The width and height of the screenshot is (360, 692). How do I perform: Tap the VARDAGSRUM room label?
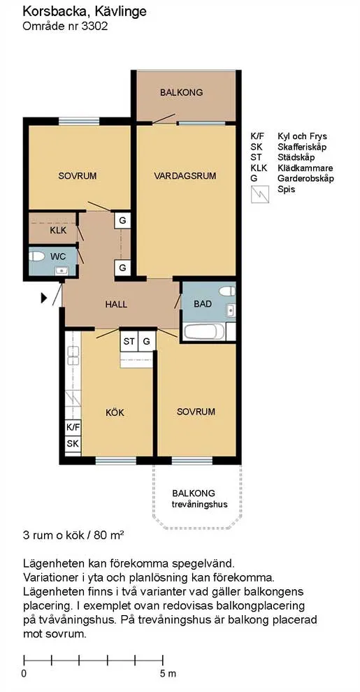(185, 175)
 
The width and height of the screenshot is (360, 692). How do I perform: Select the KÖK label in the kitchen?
(115, 412)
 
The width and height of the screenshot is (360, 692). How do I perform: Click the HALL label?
(116, 304)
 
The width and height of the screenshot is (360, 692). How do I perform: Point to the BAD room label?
(203, 304)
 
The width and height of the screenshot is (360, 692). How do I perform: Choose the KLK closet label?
(58, 230)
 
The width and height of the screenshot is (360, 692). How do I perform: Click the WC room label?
(58, 257)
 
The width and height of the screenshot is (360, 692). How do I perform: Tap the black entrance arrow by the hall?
(44, 298)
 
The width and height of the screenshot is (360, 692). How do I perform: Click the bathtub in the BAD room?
(205, 331)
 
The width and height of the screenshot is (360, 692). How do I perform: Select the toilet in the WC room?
(38, 255)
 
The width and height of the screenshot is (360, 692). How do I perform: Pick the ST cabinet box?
(129, 341)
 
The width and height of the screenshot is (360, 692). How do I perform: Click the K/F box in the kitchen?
(73, 426)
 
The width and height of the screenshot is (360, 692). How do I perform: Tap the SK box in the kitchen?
(73, 444)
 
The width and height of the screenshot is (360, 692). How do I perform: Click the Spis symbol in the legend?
(260, 193)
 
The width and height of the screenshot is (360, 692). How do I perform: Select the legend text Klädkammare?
(305, 168)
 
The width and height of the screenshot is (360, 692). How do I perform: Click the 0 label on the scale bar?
(24, 674)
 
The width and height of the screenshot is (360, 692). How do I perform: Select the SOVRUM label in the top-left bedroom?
(77, 175)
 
